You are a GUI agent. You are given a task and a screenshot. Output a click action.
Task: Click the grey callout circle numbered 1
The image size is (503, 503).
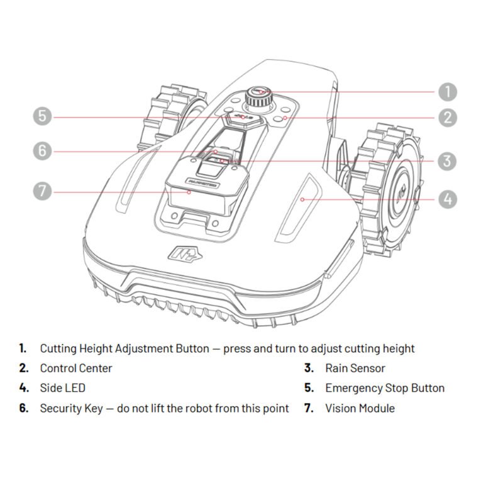tap(447, 92)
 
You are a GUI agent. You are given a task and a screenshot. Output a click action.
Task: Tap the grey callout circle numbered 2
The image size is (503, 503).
tap(447, 117)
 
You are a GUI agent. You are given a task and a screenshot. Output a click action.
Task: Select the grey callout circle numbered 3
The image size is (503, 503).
tap(447, 160)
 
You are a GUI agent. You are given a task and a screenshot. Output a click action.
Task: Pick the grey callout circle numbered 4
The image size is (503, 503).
tap(447, 199)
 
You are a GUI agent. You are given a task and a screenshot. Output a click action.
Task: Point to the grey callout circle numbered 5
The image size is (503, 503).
tap(42, 116)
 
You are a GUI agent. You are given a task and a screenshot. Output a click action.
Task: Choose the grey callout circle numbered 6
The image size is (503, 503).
tap(42, 151)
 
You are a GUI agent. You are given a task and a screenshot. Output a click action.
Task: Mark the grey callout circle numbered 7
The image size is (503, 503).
tap(42, 191)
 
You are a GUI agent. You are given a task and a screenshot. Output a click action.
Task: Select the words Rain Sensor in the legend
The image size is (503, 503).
tap(355, 368)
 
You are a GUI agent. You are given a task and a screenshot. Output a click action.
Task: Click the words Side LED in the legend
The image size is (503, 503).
tap(63, 388)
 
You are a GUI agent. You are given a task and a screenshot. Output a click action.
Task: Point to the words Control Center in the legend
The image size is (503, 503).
tap(76, 368)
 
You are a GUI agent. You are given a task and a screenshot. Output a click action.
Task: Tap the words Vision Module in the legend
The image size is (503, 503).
tap(360, 408)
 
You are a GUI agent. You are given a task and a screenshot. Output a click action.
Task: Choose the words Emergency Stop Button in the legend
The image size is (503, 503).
tap(385, 388)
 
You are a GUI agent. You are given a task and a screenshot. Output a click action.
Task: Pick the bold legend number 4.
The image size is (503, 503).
tap(24, 388)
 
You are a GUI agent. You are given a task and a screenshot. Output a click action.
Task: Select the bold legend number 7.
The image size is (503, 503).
tap(309, 408)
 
